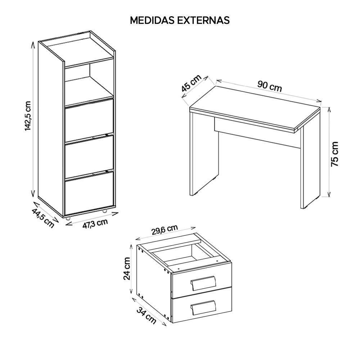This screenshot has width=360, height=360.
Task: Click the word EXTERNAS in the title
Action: pyautogui.click(x=203, y=20)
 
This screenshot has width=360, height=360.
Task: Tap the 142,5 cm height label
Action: pyautogui.click(x=28, y=116)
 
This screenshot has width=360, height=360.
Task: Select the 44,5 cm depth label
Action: pyautogui.click(x=43, y=218)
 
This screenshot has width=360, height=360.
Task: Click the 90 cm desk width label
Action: pyautogui.click(x=270, y=86)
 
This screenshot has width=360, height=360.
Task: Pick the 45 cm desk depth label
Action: pyautogui.click(x=191, y=83)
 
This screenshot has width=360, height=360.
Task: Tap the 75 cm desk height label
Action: pyautogui.click(x=335, y=154)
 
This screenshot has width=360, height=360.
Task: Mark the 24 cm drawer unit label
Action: pyautogui.click(x=126, y=269)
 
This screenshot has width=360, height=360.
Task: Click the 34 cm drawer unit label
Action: pyautogui.click(x=146, y=316)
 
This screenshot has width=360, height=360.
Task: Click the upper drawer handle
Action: pyautogui.click(x=203, y=283)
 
